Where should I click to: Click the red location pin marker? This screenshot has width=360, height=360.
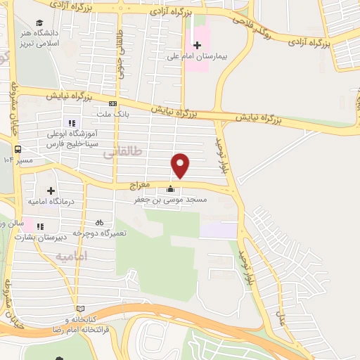pyautogui.click(x=181, y=165)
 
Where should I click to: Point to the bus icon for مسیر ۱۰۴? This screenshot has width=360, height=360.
pyautogui.click(x=18, y=149)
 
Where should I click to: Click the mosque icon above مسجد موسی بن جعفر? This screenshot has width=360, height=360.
pyautogui.click(x=170, y=189)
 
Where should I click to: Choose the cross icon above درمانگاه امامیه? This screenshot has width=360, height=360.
pyautogui.click(x=51, y=191)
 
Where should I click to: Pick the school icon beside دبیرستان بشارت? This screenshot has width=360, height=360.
pyautogui.click(x=39, y=226)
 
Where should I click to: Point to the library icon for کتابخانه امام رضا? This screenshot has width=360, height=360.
pyautogui.click(x=81, y=309)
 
